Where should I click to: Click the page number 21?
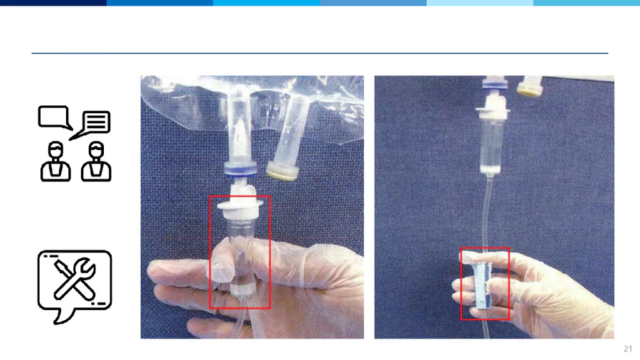click(x=628, y=349)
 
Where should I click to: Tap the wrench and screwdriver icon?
click(x=75, y=280)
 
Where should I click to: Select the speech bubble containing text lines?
click(x=94, y=122)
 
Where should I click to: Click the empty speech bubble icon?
click(x=55, y=117)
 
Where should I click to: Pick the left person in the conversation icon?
click(x=55, y=162)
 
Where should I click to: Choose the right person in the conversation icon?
click(x=96, y=162)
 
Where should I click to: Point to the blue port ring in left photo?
click(x=240, y=169)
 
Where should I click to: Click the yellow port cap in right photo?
click(x=530, y=90)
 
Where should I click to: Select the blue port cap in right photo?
click(x=495, y=84)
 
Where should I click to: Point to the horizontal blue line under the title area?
click(x=320, y=53)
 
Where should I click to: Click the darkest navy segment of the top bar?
click(x=53, y=2)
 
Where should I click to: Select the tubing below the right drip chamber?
click(x=486, y=212)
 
